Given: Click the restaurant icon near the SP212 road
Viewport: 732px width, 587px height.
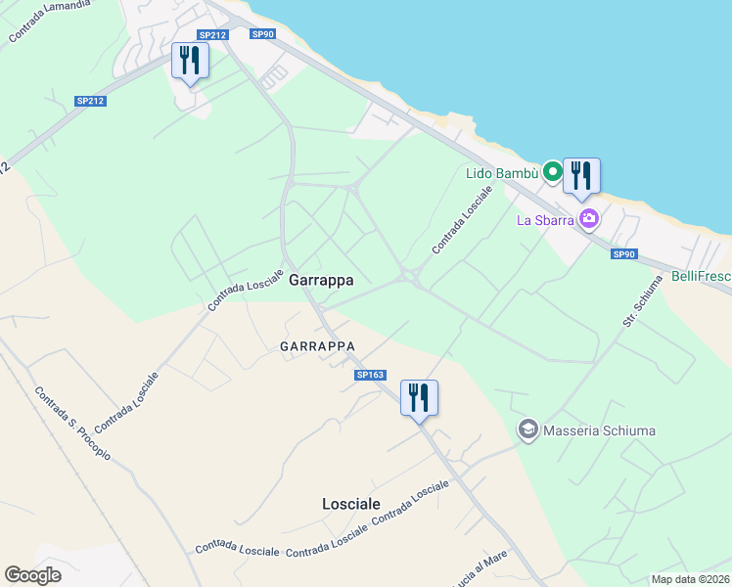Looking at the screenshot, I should coord(190,61).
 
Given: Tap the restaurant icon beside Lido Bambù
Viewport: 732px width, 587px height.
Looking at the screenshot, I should coord(582,176).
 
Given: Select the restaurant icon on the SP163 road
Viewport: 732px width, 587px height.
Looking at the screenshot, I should coord(419,397).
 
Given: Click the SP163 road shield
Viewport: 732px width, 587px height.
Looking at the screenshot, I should coord(371,375).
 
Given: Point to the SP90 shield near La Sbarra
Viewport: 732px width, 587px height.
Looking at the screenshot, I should coord(624,254).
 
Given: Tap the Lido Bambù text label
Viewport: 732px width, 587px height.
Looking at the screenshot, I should coord(501,173).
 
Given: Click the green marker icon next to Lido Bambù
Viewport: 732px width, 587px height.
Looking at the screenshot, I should coord(553,173).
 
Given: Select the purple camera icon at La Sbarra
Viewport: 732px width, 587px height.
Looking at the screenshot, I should coord(588,218).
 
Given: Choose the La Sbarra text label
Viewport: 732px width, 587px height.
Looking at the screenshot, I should coord(544,219).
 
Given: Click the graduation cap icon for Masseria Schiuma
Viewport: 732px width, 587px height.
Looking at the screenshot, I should coord(528,429).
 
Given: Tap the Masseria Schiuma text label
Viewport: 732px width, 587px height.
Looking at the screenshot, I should coord(599,430).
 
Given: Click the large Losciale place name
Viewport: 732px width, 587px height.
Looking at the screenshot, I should coord(350,503).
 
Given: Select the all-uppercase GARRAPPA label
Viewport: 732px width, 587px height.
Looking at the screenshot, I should coord(316,346).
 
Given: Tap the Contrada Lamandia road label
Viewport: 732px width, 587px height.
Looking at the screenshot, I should coord(49,21).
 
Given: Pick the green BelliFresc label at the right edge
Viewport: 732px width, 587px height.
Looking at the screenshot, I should coord(701,277).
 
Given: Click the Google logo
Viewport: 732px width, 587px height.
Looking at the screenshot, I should coord(32,575).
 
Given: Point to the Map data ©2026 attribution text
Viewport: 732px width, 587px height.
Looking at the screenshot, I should coord(690,579).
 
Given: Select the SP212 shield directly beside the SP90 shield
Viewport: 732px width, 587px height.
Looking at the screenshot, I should coord(212,35).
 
